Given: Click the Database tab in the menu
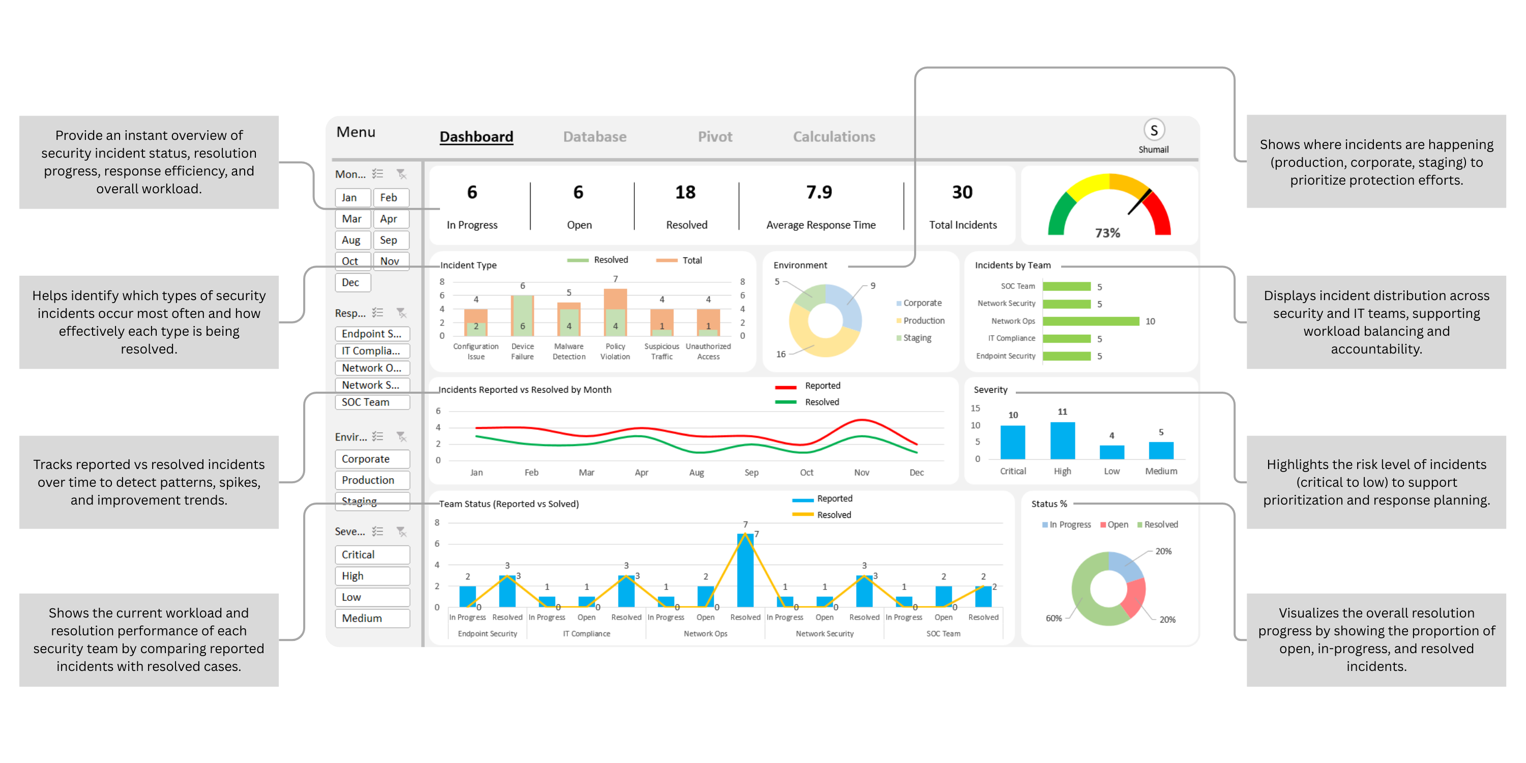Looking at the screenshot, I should [x=594, y=137].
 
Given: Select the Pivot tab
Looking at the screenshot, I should [x=715, y=137].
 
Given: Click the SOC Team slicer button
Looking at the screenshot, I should [x=371, y=402].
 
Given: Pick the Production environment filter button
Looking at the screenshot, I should [x=371, y=480].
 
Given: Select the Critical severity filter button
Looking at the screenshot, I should [x=371, y=554].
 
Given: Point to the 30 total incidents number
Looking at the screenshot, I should [x=962, y=192].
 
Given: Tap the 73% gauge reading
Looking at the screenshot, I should [x=1107, y=233].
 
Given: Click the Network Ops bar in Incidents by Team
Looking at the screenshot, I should [x=1091, y=321].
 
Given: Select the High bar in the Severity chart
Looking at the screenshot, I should [x=1062, y=441].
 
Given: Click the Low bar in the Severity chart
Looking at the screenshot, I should [x=1111, y=452].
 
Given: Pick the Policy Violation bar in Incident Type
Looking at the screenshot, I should [x=615, y=313].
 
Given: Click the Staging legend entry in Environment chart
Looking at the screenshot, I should [x=917, y=338].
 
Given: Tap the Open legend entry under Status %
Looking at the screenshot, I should [x=1117, y=525].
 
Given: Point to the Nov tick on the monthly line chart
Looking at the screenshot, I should [x=861, y=473].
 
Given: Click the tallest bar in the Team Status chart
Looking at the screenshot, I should [x=745, y=570].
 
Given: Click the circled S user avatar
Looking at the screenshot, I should [x=1153, y=130].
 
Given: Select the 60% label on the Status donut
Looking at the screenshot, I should [x=1053, y=619].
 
